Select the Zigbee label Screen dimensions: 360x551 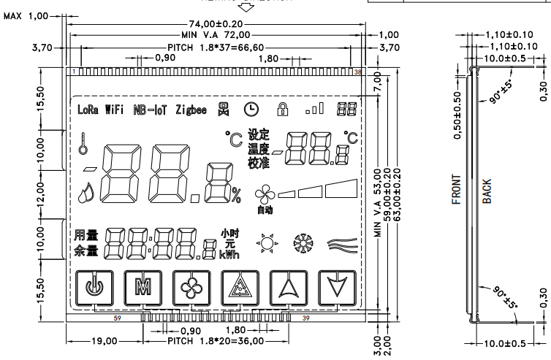coord(191,110)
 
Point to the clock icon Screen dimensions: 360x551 coord(251,110)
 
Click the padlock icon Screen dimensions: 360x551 coord(281,110)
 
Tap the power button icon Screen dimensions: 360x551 coord(91,286)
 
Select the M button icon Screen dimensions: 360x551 coord(139,286)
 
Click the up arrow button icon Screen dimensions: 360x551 coord(286,286)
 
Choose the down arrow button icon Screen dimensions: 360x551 coord(335,286)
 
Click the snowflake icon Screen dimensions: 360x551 coord(301,243)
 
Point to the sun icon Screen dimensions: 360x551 coord(266,243)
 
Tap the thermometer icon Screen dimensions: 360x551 coord(85,142)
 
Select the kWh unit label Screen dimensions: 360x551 coord(229,254)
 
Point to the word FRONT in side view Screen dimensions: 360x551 coord(457,189)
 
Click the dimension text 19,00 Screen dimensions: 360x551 coord(104,342)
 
